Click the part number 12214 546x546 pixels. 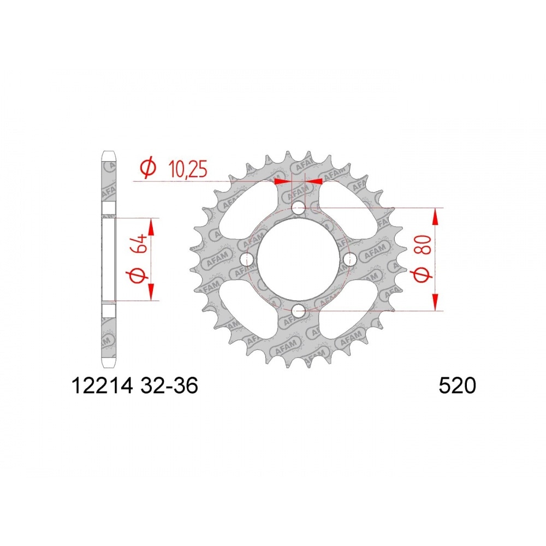[x=103, y=386]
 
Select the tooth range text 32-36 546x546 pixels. [x=169, y=386]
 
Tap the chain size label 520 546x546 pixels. [x=457, y=386]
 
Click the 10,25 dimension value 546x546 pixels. [x=187, y=169]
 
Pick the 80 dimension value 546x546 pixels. [x=423, y=245]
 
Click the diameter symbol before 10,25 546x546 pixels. [x=147, y=169]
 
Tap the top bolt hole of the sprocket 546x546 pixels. [x=298, y=210]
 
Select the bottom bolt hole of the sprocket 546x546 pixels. [x=298, y=311]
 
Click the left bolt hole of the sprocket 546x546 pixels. [x=247, y=259]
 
